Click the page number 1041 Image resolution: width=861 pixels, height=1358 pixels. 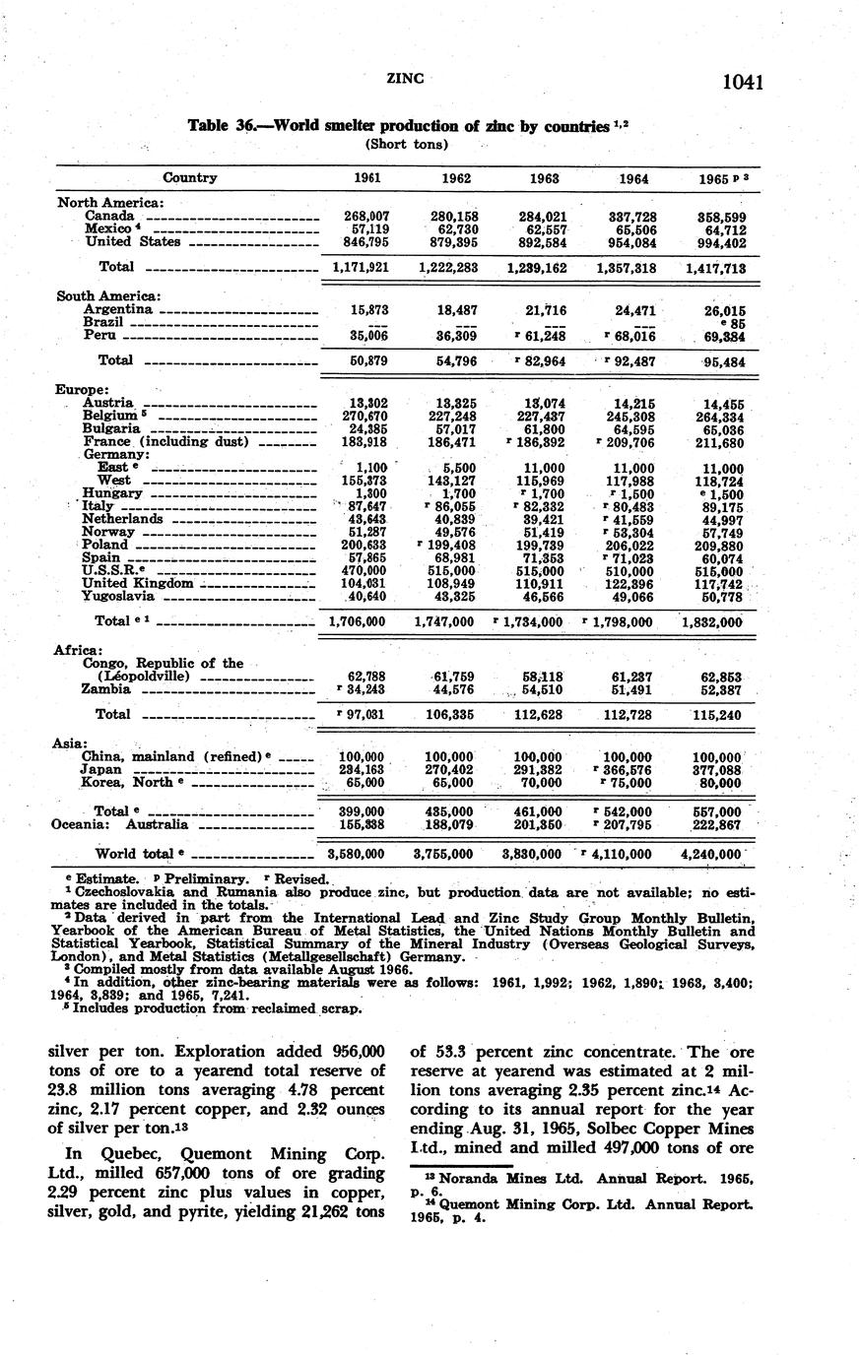pyautogui.click(x=743, y=83)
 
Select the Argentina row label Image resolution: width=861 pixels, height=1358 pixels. pyautogui.click(x=118, y=309)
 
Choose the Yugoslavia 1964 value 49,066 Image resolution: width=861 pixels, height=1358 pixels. pyautogui.click(x=631, y=597)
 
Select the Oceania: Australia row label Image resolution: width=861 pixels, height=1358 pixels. pyautogui.click(x=119, y=824)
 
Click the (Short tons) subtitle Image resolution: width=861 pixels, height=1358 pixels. pyautogui.click(x=407, y=144)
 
